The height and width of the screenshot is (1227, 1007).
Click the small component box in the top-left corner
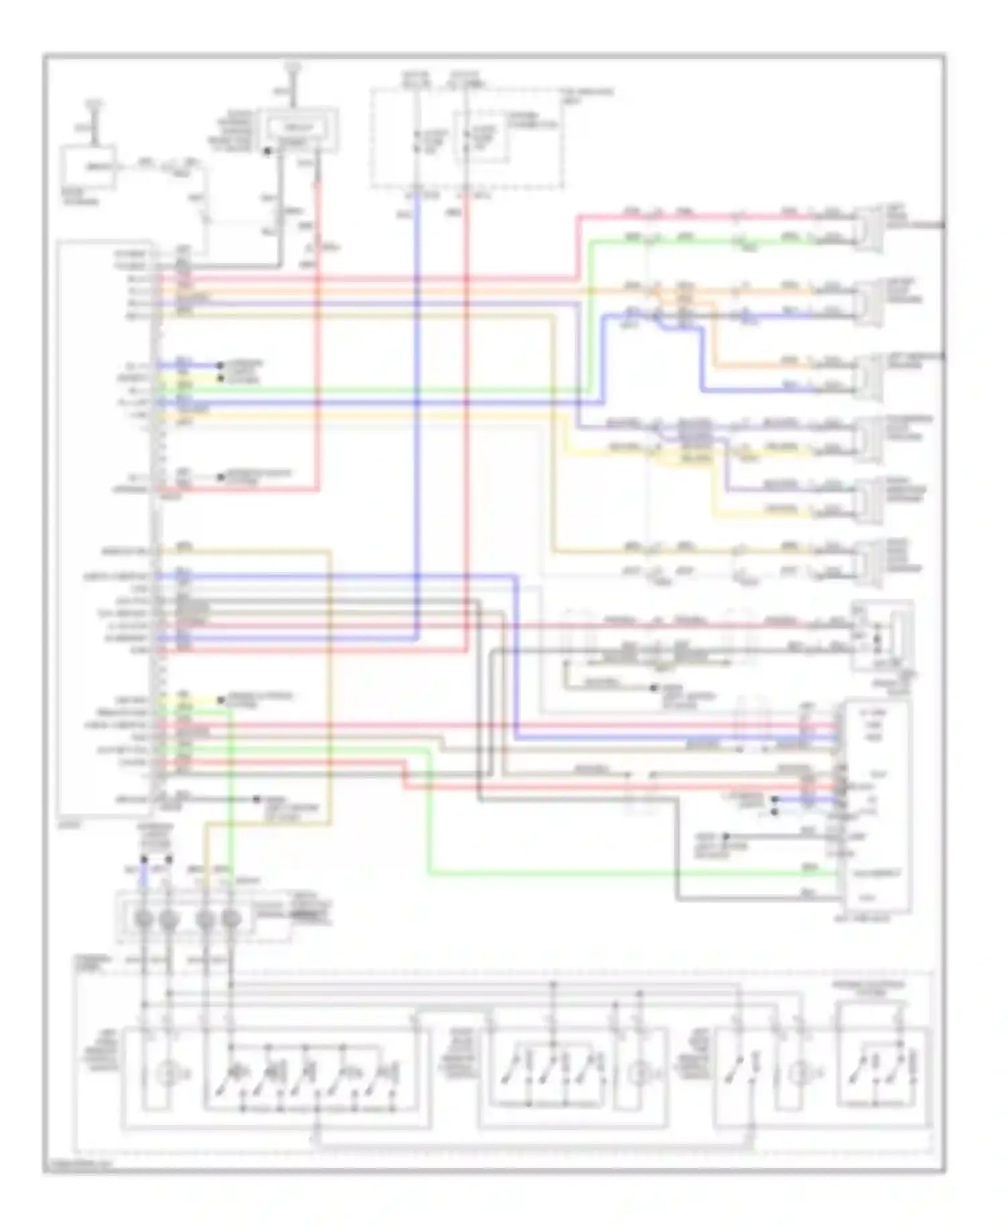(x=88, y=166)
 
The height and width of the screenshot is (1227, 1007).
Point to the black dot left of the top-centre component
(x=267, y=152)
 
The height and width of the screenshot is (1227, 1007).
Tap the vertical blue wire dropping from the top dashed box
(x=417, y=403)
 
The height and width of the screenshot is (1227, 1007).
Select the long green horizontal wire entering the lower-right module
(x=604, y=874)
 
